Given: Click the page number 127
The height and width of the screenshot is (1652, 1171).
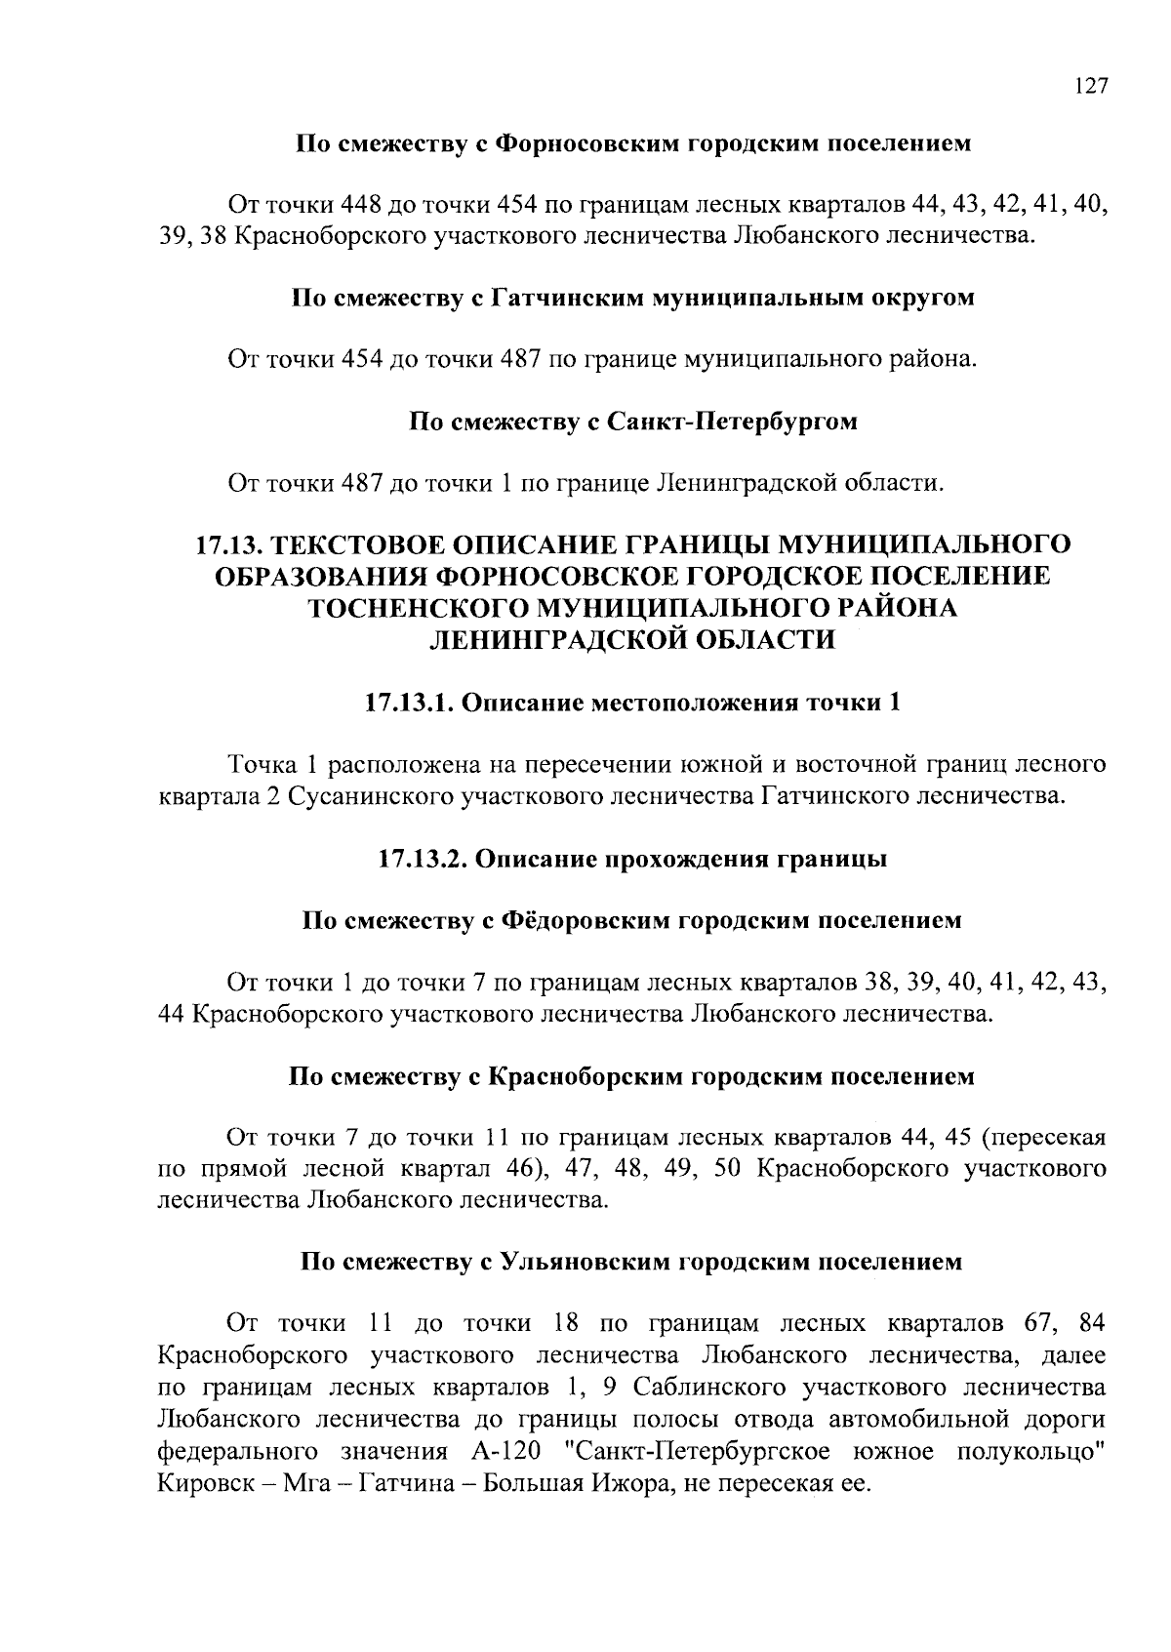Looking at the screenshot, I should pos(1090,86).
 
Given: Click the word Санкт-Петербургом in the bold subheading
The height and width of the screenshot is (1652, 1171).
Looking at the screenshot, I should pos(731,422).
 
